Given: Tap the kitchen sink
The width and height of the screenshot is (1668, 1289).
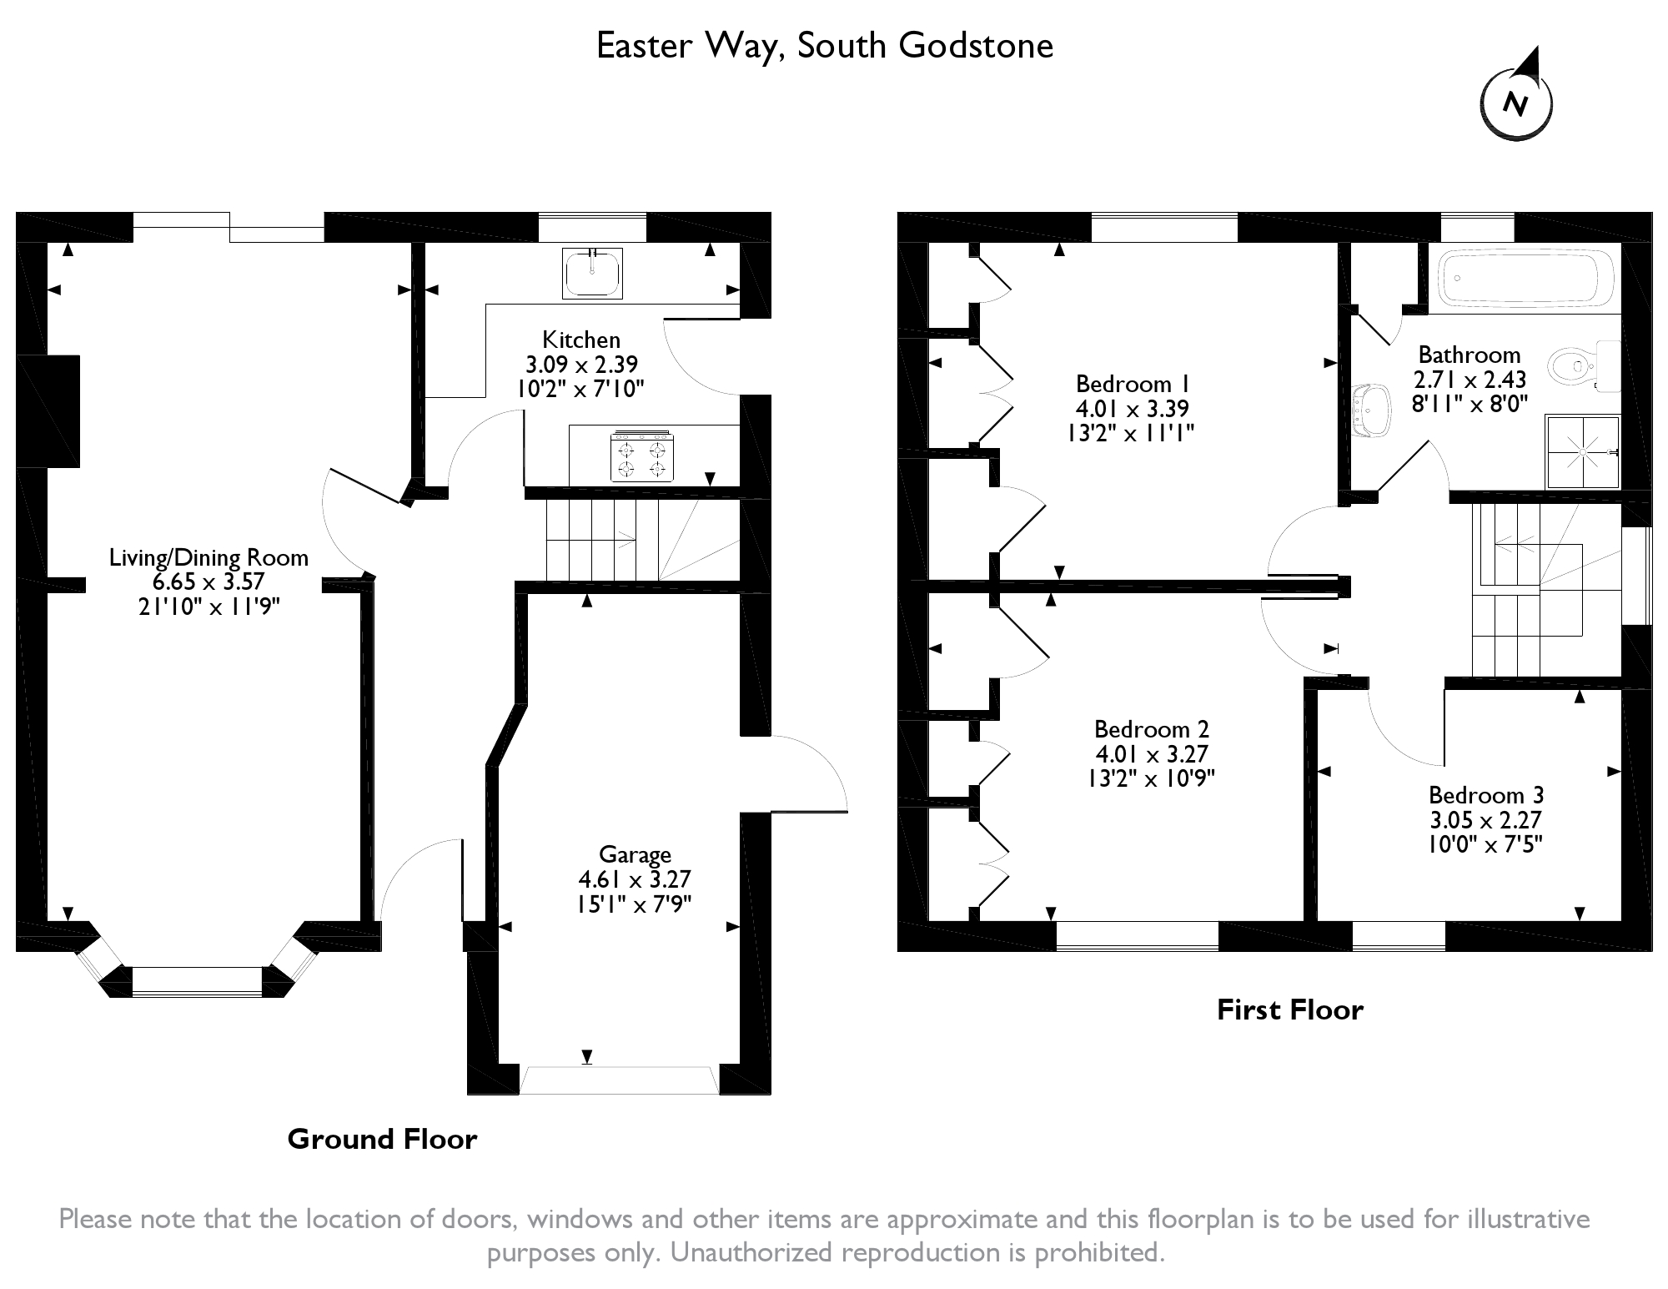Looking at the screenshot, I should [593, 273].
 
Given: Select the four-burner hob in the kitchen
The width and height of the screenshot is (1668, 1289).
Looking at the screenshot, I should [641, 456].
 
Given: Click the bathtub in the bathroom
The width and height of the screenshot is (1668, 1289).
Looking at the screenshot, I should [1523, 279].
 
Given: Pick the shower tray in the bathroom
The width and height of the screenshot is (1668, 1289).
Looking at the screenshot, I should [1583, 451].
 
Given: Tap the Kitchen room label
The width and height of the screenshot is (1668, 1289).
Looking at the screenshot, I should [581, 340].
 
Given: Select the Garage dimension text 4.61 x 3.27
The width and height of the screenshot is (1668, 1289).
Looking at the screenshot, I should [635, 879].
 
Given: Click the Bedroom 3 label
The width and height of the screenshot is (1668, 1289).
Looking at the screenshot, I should [1486, 794].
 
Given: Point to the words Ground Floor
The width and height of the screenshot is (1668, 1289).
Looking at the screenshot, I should [382, 1139].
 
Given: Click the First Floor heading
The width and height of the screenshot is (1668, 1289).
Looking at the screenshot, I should [1289, 1010].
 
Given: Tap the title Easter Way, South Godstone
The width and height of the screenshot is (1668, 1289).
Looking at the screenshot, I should [825, 46].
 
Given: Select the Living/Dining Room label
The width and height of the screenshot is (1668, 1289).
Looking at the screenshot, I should [208, 557].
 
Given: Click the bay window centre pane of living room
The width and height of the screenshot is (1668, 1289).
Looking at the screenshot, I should [197, 981].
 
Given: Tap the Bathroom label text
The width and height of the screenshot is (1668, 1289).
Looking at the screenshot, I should [1469, 355].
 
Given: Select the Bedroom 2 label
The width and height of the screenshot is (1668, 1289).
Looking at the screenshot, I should [1152, 729].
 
